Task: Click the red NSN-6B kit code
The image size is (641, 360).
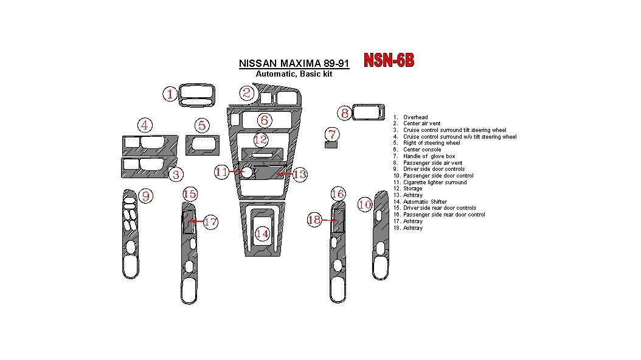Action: pos(389,60)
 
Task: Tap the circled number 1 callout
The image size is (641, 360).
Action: pos(170,94)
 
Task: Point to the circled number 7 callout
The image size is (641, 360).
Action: pos(331,133)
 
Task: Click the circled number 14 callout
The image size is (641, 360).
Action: pos(262,234)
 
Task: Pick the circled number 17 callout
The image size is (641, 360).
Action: pos(210,222)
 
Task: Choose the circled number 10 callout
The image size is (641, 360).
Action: pos(364,205)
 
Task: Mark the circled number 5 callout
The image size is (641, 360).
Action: pos(202,126)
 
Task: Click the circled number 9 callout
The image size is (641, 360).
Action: pos(146,196)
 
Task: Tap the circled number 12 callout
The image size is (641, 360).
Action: pos(260,140)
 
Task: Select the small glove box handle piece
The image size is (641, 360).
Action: pos(331,145)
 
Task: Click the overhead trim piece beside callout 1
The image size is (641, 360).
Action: pos(196,95)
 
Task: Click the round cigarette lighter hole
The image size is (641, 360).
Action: pos(247,173)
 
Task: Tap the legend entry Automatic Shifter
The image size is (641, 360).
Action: pos(424,202)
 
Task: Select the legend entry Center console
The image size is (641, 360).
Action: pos(422,150)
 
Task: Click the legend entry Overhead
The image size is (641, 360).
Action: pos(415,117)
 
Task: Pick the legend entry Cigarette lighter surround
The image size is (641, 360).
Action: pos(435,182)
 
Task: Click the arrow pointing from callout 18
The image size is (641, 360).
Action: pos(329,220)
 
